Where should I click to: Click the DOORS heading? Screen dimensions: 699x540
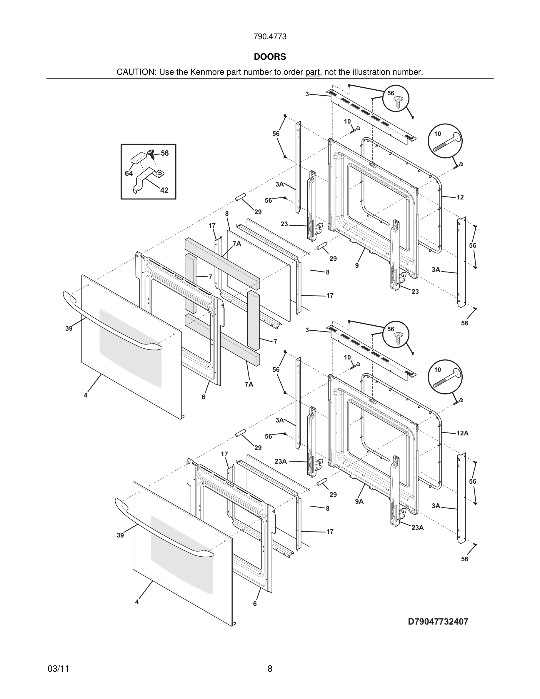[x=270, y=57]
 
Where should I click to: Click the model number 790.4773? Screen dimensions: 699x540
[x=270, y=36]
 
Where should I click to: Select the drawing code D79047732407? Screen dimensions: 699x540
[x=438, y=622]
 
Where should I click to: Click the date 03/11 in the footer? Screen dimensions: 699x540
[x=58, y=669]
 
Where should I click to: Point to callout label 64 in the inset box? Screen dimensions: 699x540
[x=129, y=173]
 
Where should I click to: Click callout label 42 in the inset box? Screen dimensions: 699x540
[x=164, y=190]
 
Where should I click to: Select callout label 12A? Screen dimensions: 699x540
[x=462, y=433]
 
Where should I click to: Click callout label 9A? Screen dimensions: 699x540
[x=359, y=501]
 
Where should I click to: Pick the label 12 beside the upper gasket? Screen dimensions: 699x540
[x=460, y=197]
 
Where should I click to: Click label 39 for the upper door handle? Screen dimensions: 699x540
[x=69, y=328]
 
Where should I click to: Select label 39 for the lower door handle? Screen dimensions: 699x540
[x=120, y=535]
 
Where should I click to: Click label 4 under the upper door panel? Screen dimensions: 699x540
[x=85, y=395]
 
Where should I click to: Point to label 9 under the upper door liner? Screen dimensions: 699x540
[x=357, y=265]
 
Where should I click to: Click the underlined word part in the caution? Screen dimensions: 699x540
[x=312, y=72]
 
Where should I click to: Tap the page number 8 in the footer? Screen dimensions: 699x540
[x=270, y=669]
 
